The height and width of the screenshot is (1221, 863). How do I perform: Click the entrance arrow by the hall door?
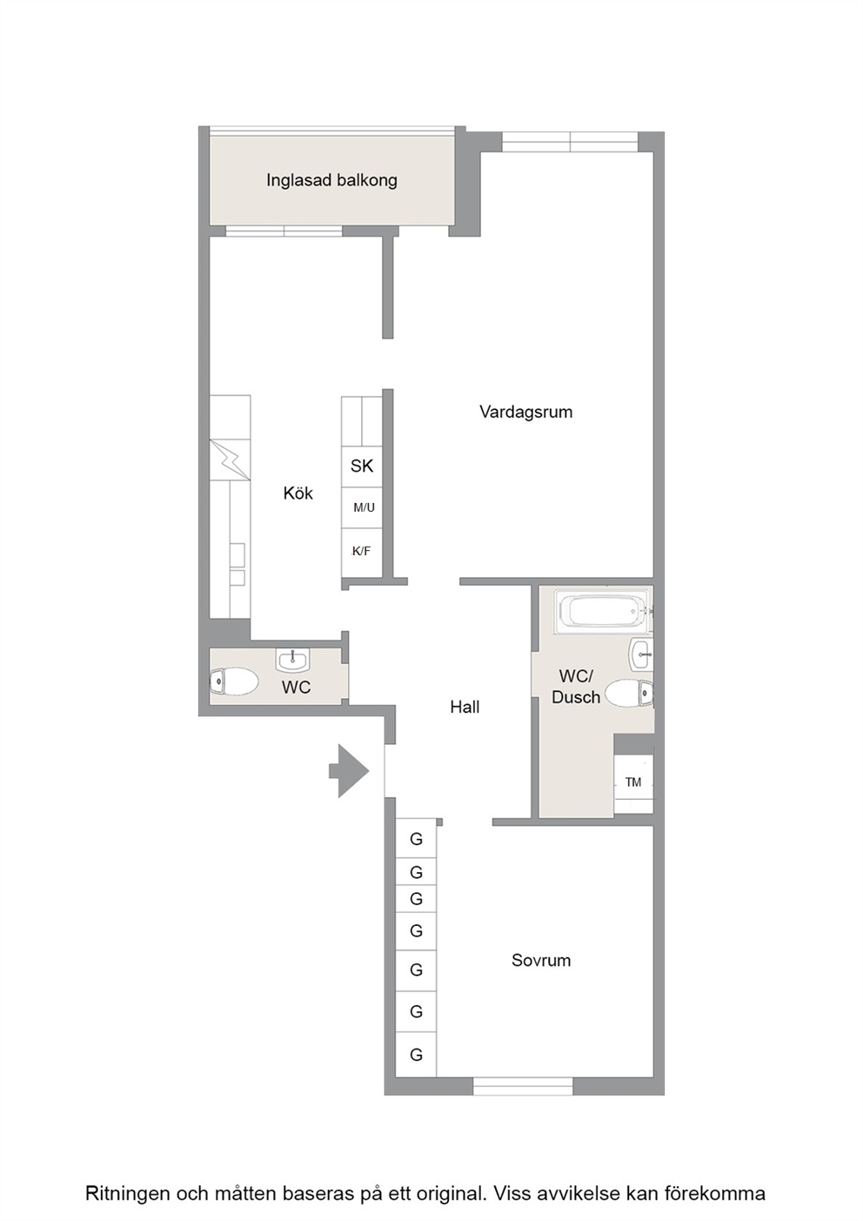tap(349, 770)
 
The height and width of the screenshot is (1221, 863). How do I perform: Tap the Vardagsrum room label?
tap(525, 412)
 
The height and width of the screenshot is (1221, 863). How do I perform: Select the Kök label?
tap(298, 493)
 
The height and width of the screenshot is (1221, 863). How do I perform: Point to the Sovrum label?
tap(541, 960)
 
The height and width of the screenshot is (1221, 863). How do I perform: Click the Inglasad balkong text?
tap(331, 180)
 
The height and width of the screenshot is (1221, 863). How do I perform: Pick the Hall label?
tap(465, 707)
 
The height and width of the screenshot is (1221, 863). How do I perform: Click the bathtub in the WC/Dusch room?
tap(604, 610)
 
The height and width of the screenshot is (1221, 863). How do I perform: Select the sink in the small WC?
tap(293, 660)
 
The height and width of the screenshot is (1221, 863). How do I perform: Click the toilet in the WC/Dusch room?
tap(629, 693)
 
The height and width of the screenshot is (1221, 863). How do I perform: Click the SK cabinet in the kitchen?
tap(362, 466)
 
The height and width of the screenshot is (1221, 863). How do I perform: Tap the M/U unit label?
tap(364, 507)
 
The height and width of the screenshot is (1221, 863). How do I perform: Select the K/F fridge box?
tap(362, 551)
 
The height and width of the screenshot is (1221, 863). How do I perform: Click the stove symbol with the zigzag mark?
tap(231, 460)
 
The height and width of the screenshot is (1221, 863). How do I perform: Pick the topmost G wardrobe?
tap(416, 839)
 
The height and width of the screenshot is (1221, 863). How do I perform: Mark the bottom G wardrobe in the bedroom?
tap(416, 1055)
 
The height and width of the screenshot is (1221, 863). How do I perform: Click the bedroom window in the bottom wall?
tap(523, 1086)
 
